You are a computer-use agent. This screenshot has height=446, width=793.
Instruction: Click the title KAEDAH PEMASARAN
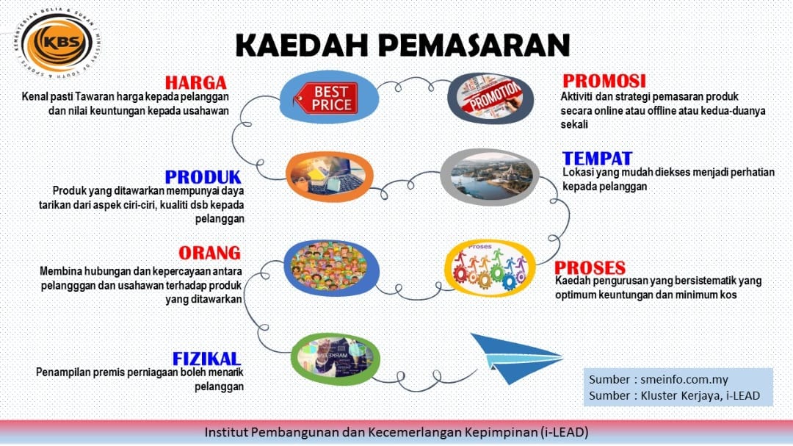(x=403, y=45)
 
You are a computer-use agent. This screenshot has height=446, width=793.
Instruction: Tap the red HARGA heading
(x=196, y=82)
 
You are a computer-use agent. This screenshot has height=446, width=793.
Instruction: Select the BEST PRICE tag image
(x=329, y=97)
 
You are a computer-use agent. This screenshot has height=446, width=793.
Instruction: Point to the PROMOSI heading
(x=604, y=81)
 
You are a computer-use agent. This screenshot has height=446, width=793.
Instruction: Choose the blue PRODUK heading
(x=203, y=176)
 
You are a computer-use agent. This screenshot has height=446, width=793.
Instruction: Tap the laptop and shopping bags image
(x=329, y=177)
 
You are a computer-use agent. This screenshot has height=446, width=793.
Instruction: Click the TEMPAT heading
(x=597, y=159)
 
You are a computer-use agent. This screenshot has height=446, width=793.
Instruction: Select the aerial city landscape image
(x=490, y=177)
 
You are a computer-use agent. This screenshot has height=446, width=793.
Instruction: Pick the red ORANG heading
(x=209, y=253)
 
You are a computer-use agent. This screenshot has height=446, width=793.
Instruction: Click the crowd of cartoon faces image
(x=331, y=267)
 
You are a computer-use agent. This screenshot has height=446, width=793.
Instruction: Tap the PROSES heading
(x=590, y=267)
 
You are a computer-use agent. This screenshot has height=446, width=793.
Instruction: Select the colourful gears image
(x=490, y=268)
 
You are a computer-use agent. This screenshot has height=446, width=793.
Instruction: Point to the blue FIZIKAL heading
(x=206, y=359)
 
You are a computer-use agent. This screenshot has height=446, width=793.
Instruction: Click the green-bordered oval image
(x=336, y=359)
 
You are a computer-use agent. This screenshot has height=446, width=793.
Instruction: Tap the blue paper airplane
(x=516, y=357)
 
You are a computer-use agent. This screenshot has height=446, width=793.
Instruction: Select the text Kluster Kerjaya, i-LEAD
(x=700, y=395)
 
